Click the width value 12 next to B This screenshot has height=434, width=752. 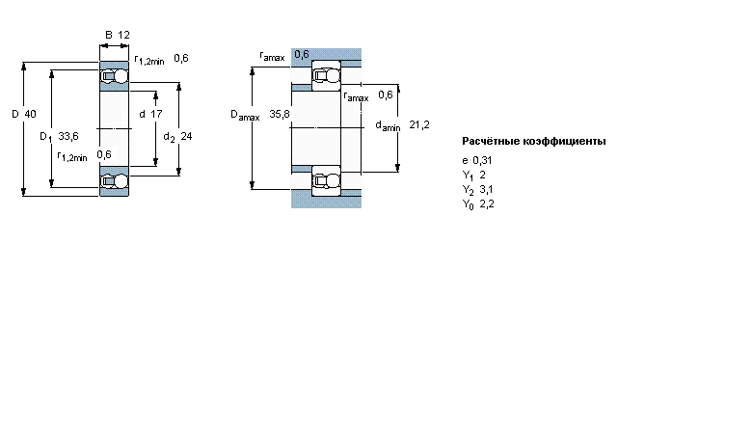[x=123, y=35]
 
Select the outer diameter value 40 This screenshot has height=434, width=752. [x=30, y=114]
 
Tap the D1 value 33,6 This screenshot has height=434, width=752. [x=68, y=136]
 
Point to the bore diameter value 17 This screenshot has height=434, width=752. [x=157, y=114]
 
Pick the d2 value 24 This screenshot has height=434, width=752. [x=186, y=136]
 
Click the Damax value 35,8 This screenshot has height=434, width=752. [x=280, y=114]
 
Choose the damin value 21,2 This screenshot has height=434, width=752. [x=419, y=124]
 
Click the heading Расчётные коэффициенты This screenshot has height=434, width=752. [x=534, y=141]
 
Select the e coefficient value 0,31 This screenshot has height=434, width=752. [x=482, y=161]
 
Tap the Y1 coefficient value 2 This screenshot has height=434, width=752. [x=482, y=175]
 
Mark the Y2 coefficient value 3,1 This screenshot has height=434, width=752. [x=486, y=189]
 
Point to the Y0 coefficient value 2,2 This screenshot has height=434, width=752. [x=487, y=203]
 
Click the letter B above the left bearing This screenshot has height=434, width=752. [x=109, y=35]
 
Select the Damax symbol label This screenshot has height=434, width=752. [x=245, y=115]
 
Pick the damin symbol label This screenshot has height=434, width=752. [x=388, y=126]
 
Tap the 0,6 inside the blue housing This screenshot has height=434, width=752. [x=302, y=54]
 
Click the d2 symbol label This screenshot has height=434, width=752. [x=169, y=138]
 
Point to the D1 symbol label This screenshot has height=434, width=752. [x=45, y=137]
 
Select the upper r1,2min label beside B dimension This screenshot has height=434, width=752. [x=149, y=60]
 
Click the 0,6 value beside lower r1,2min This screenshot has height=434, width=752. [x=104, y=154]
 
